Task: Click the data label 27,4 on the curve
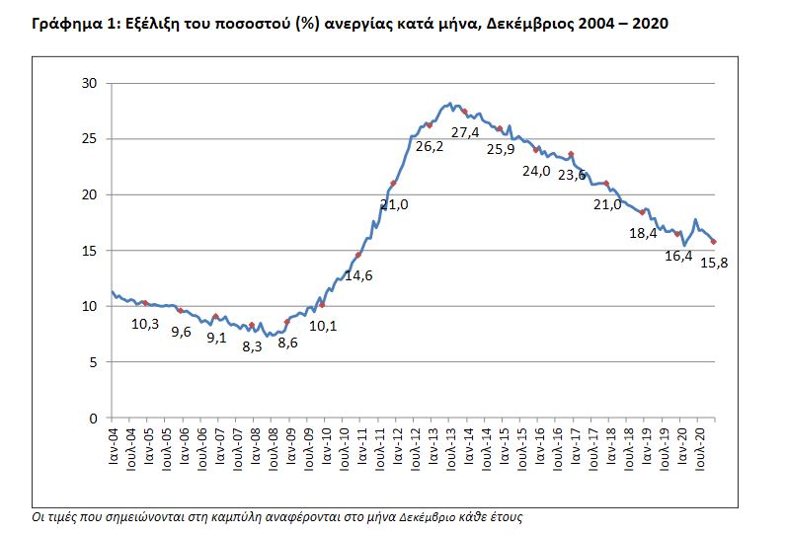click(464, 132)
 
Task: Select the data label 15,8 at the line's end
click(729, 262)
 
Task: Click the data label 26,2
click(429, 146)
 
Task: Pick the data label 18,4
click(643, 234)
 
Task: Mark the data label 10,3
click(147, 323)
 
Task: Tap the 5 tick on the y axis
click(93, 362)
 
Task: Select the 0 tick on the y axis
click(93, 419)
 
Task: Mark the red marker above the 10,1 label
click(323, 305)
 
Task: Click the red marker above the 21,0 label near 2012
click(394, 184)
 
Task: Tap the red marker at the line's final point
click(714, 242)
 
